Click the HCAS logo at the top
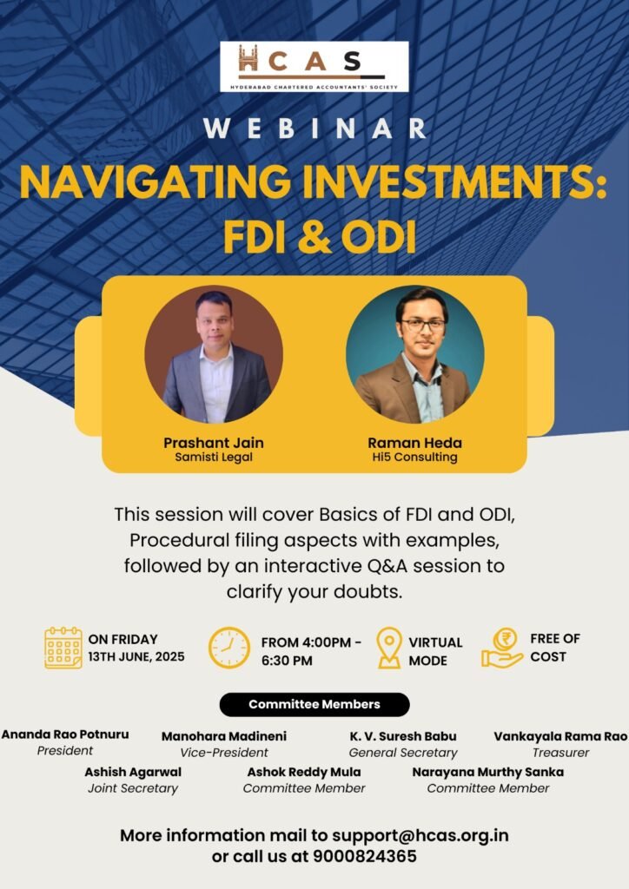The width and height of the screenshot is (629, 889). pos(314,67)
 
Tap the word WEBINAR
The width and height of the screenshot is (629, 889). pos(314,129)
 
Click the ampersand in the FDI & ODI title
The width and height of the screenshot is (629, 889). pos(314,236)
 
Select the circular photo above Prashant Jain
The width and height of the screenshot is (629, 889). pos(213,354)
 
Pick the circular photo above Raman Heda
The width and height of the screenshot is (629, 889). pos(414,354)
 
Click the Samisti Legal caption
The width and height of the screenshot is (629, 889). pos(213,457)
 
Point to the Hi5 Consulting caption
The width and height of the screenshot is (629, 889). pos(414,457)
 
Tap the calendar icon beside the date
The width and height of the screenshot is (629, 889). pos(63,648)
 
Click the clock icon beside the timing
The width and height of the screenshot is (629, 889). pos(229,648)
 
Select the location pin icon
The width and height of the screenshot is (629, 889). pos(389,648)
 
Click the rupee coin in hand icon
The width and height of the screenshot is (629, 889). pos(502,648)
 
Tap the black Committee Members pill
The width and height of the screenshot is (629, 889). pos(314,704)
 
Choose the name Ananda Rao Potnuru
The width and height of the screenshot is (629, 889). pos(65,734)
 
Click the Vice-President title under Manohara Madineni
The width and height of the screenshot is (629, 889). pos(224,753)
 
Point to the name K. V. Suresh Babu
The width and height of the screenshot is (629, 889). pos(403,736)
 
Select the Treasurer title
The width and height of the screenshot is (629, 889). pos(560,753)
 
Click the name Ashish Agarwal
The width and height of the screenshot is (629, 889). pos(133,772)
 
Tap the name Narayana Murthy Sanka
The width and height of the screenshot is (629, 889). pos(487,772)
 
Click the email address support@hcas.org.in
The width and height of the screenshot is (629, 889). pos(420,835)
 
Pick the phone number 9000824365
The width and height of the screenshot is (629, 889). pos(365,856)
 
